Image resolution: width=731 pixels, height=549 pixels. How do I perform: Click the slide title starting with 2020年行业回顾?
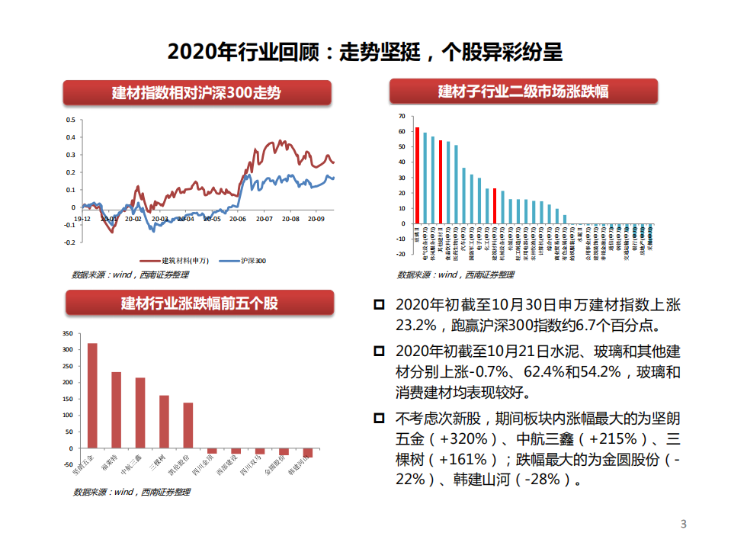364,51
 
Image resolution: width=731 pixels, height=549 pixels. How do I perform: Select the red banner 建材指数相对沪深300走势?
197,93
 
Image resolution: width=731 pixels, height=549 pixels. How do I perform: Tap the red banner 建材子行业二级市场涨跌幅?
523,91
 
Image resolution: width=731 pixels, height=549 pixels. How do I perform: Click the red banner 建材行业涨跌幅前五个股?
200,303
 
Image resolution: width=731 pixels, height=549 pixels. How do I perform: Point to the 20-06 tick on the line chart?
238,219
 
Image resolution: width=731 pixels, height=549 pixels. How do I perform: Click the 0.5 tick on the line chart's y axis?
70,120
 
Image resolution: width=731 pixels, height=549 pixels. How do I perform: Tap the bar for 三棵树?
164,421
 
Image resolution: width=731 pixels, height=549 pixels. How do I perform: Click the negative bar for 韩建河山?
308,452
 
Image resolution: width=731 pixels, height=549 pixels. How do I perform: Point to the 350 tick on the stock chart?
67,333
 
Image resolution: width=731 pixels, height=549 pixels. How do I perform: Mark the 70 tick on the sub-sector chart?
401,116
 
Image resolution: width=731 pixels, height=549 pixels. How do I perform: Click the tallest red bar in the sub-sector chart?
417,175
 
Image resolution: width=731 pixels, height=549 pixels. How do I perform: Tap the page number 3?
683,524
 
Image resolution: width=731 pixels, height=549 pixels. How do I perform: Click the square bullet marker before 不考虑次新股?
380,418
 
